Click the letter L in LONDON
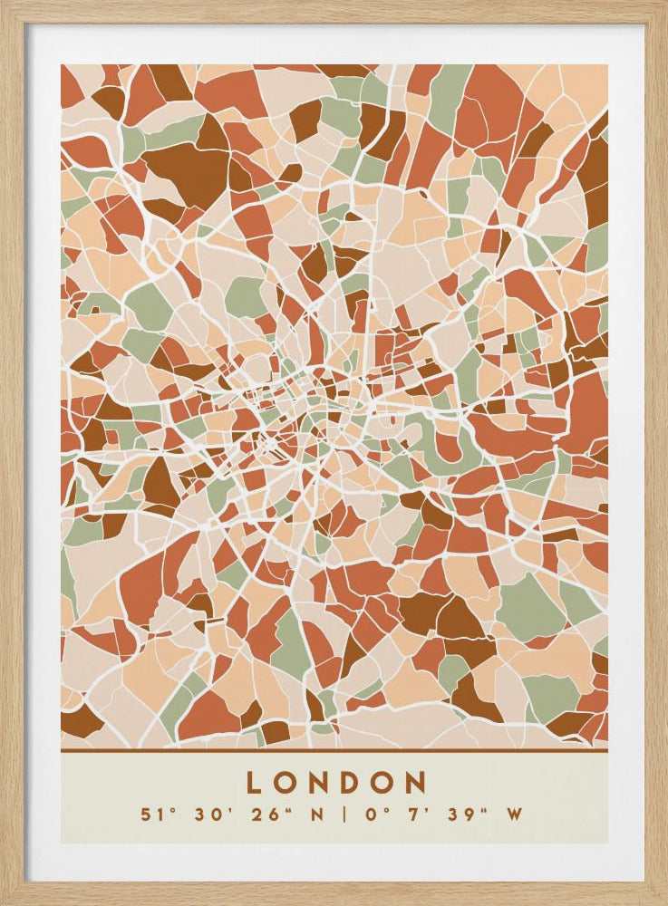coord(257,783)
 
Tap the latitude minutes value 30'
coord(207,814)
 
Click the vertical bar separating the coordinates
coord(345,814)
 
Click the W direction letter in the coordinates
coord(515,814)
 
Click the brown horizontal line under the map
coord(334,750)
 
